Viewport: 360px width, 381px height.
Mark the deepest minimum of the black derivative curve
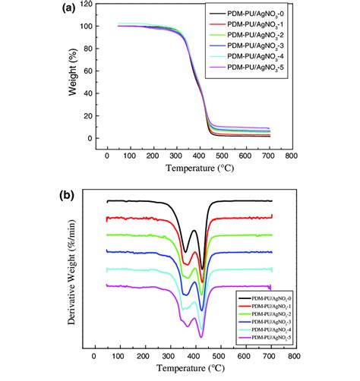tap(202, 268)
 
